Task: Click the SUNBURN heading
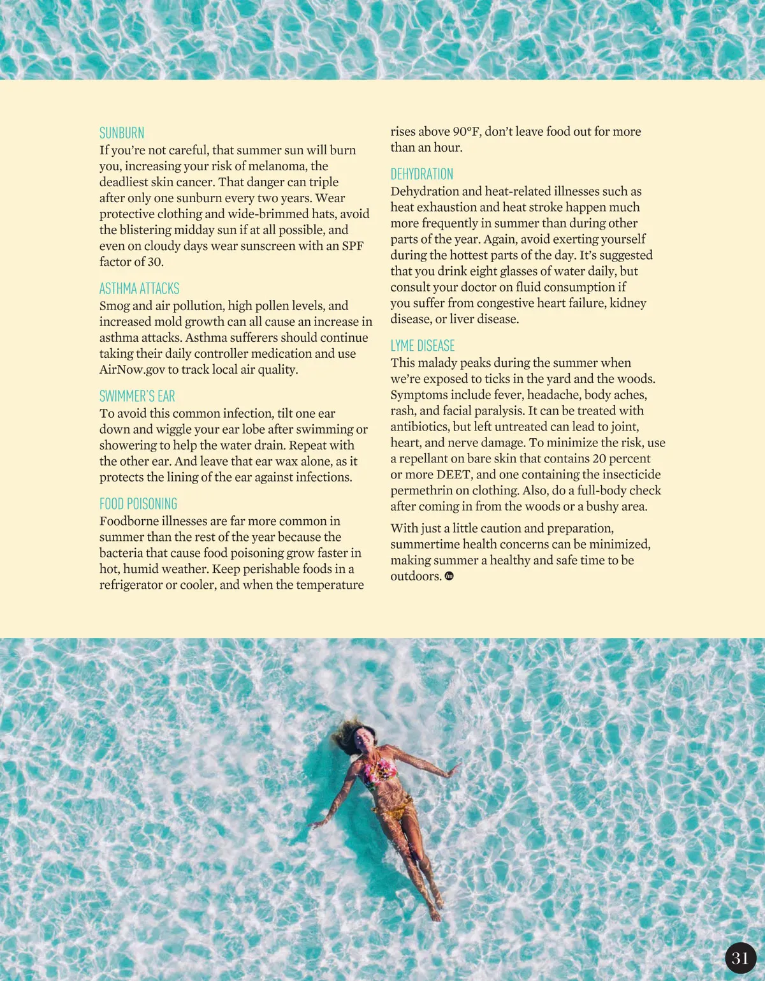(122, 133)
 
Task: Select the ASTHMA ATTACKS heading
(139, 288)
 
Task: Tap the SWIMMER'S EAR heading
(137, 396)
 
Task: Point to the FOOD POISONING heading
(138, 504)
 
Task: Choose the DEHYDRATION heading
(422, 174)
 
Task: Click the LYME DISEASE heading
(423, 346)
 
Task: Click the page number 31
(740, 958)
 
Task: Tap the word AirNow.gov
(132, 369)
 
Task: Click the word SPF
(353, 246)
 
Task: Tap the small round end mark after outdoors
(449, 576)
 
